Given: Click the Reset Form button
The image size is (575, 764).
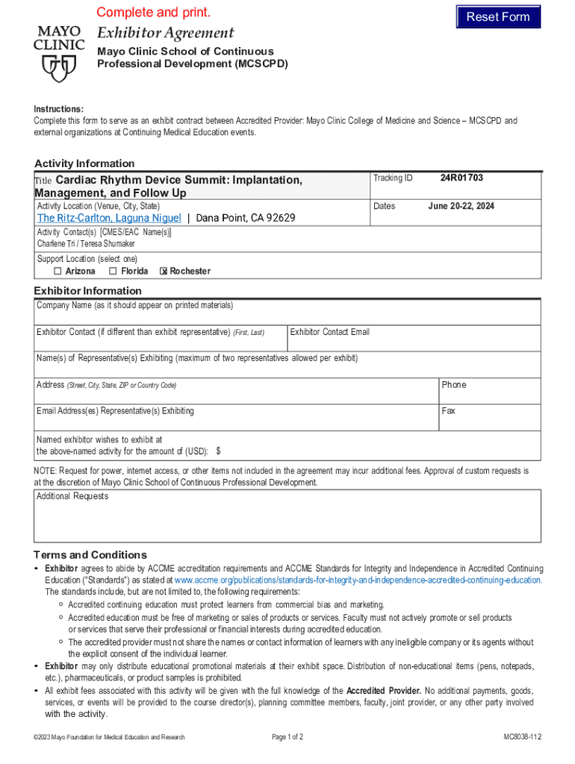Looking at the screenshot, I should (498, 16).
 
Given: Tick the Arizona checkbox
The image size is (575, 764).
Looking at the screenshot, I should (57, 271).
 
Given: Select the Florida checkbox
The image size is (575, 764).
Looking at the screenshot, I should (113, 271).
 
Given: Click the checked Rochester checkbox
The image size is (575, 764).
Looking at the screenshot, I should (164, 272).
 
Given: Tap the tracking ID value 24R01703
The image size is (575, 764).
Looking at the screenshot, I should (461, 178).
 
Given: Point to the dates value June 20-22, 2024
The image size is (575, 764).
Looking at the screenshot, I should (461, 206).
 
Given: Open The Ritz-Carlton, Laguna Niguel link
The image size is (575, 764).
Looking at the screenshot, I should (109, 218).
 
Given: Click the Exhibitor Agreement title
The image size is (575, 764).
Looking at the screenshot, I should (165, 33).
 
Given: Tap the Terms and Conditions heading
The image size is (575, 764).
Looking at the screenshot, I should (90, 554).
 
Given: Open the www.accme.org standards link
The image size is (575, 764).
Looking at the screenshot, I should (358, 580).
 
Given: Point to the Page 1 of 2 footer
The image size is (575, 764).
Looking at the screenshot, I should (287, 737).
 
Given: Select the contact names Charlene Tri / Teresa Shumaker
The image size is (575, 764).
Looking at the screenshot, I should (87, 243).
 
